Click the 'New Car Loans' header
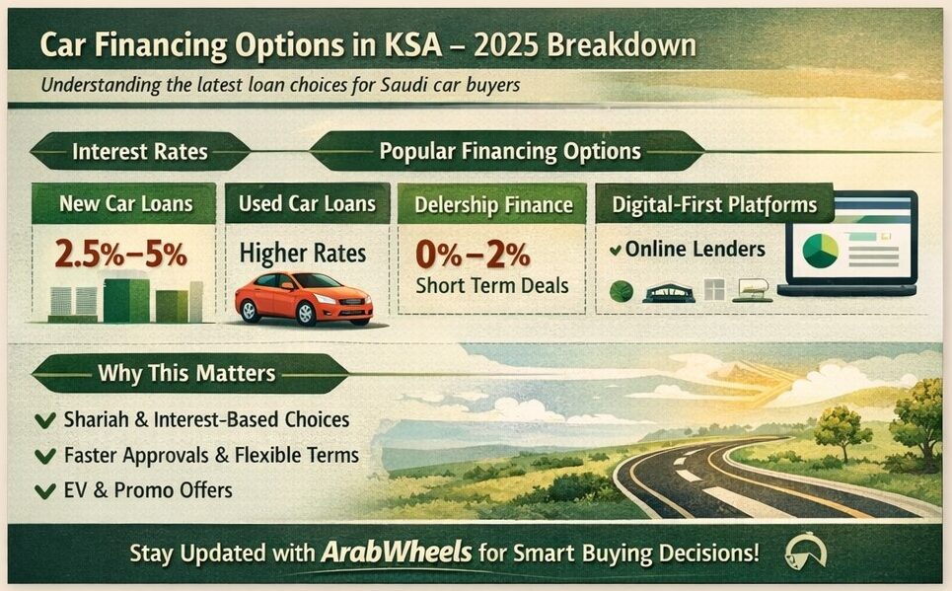[x=124, y=204]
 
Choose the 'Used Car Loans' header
[x=307, y=204]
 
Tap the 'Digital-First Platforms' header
[x=714, y=205]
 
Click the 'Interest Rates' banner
[x=139, y=152]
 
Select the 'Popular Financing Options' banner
[x=510, y=152]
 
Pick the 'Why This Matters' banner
[x=186, y=374]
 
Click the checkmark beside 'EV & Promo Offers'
[x=43, y=490]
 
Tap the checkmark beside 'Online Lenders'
[x=615, y=251]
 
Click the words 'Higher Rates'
[x=303, y=253]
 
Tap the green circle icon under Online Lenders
[x=622, y=291]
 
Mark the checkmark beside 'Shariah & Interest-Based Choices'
[x=43, y=420]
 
